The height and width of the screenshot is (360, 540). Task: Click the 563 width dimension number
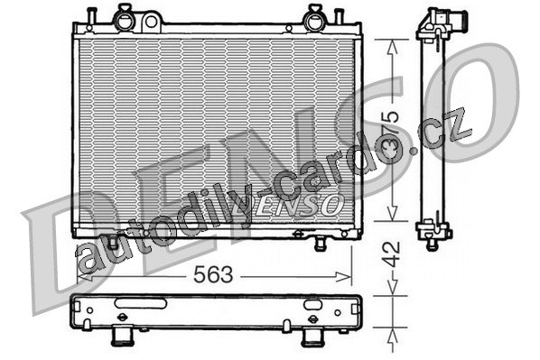click(213, 274)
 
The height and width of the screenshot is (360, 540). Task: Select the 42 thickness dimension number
click(392, 254)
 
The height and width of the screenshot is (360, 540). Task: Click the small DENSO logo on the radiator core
click(289, 206)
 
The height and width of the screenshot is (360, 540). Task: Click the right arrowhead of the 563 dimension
click(344, 276)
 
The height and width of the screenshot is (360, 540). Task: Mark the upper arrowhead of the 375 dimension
click(392, 47)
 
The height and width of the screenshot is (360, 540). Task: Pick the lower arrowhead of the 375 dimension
click(392, 214)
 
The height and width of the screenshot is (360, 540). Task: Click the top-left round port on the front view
click(124, 21)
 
